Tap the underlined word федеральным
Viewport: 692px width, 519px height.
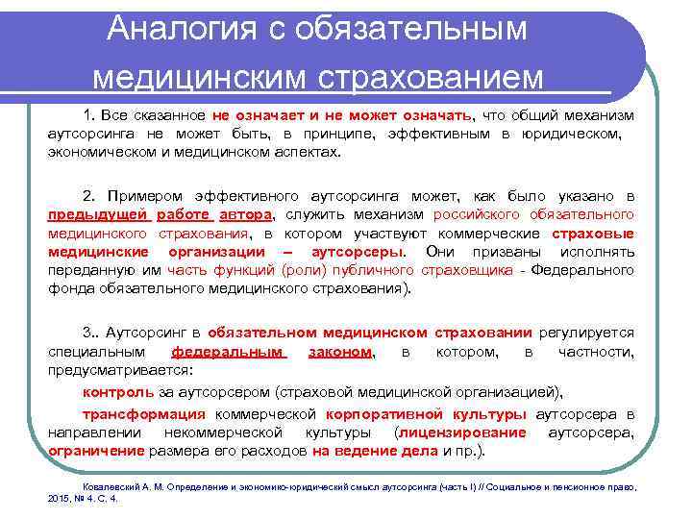tap(229, 352)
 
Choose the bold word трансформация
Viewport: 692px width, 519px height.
tap(143, 414)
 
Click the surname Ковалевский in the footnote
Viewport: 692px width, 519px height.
tap(111, 487)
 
